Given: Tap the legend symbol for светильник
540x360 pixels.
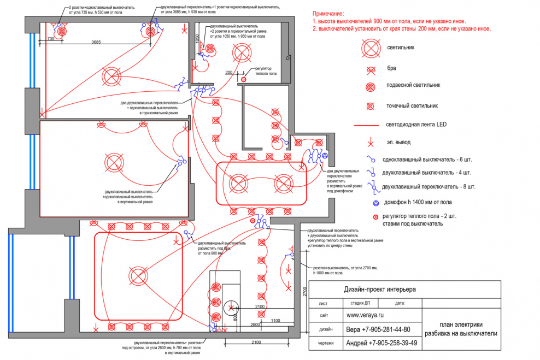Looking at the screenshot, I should [x=370, y=49].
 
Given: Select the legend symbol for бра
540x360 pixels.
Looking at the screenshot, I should [x=371, y=69].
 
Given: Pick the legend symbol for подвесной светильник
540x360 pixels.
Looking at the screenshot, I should [x=371, y=86].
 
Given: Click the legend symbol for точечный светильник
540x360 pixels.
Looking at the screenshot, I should [x=371, y=105].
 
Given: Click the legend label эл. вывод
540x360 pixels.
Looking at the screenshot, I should [x=398, y=143].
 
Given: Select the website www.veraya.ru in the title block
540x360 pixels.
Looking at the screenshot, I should [x=365, y=315].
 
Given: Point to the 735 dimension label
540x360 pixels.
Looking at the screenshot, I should [x=50, y=39].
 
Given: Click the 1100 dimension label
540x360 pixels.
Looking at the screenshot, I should [x=275, y=320].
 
